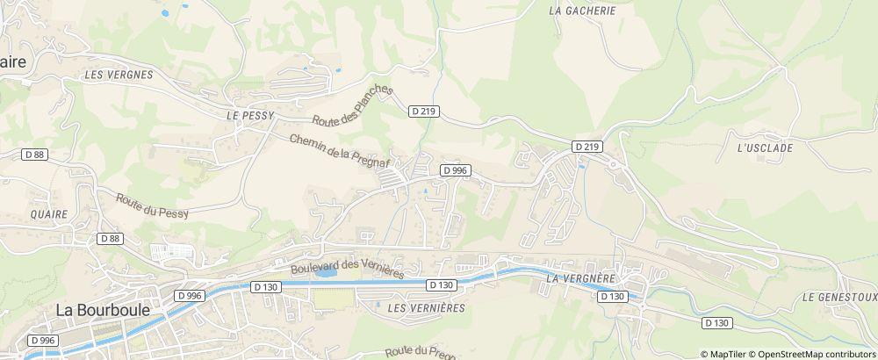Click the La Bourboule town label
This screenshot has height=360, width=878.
[x=102, y=310]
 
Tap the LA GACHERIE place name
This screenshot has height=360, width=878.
[x=582, y=11]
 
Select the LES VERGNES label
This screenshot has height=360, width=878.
[x=119, y=76]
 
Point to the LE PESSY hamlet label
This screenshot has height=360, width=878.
[x=250, y=115]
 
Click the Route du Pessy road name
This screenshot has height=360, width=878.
[x=152, y=205]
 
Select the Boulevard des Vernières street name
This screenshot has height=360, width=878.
[x=346, y=267]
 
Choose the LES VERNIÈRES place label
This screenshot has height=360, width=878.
[x=425, y=308]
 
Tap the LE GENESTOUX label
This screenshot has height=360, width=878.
[x=838, y=298]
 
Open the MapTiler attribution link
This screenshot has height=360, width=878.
[x=727, y=354]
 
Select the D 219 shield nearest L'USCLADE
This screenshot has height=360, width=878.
[x=587, y=146]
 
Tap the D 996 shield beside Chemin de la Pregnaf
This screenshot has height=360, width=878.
[x=455, y=170]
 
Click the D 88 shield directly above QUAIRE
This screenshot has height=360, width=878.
[x=35, y=155]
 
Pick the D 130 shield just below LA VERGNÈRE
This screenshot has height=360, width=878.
[x=611, y=297]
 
